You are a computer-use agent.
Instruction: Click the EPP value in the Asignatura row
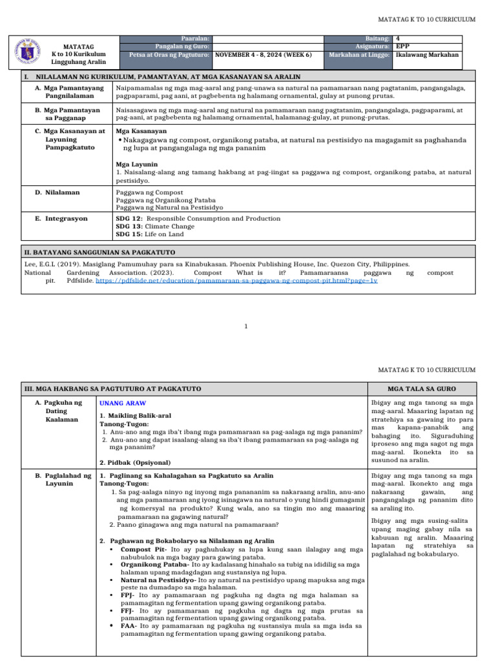pos(402,47)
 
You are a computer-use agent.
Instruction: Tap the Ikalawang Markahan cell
pos(427,56)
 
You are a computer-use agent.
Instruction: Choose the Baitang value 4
pos(398,39)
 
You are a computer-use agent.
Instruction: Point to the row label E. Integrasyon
pos(61,219)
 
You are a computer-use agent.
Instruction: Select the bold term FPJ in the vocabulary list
pos(127,595)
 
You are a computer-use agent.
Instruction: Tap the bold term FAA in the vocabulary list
pos(128,625)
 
